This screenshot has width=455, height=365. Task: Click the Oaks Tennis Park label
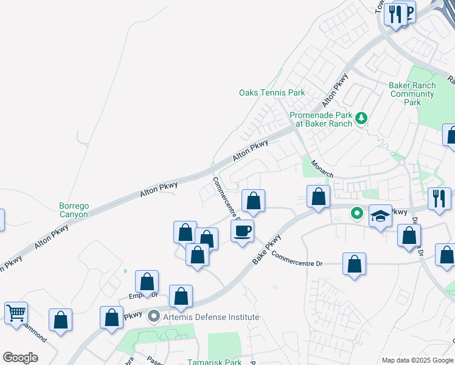272,92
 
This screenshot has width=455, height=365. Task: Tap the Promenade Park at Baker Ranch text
321,119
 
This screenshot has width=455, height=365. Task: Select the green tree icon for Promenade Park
362,117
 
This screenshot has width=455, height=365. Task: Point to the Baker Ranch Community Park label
412,94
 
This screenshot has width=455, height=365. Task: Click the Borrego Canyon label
74,210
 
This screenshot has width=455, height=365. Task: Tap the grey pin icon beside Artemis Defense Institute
154,316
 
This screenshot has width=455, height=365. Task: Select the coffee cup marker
242,231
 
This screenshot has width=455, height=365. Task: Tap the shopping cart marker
16,313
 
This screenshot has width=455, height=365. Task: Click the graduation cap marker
380,216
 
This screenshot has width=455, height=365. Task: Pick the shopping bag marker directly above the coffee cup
254,200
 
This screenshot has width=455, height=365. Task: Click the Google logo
20,358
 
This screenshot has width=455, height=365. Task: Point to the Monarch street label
322,169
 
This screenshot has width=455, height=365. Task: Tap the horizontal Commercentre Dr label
297,259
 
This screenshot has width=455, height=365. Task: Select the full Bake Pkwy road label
268,249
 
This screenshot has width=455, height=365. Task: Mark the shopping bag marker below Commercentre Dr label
354,264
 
